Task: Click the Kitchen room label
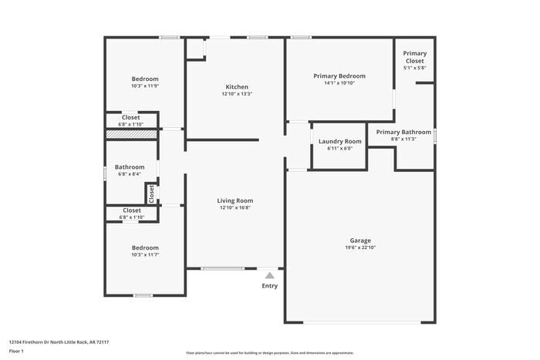click(x=236, y=87)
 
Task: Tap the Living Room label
click(x=235, y=200)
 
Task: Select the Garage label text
click(x=360, y=241)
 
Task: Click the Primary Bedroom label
click(x=339, y=76)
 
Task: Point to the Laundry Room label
click(x=339, y=141)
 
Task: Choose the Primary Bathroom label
click(x=403, y=132)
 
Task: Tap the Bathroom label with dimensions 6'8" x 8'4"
click(x=130, y=167)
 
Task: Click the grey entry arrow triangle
click(x=269, y=274)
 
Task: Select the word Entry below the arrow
click(x=269, y=286)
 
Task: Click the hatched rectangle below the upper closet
click(x=132, y=134)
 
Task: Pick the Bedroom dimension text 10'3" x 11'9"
click(x=145, y=86)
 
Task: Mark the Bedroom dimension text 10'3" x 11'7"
click(x=145, y=254)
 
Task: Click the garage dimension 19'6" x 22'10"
click(x=360, y=247)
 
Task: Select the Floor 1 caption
click(x=16, y=351)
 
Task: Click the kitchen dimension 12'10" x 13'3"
click(x=236, y=94)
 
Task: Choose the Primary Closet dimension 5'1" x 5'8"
click(x=414, y=68)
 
